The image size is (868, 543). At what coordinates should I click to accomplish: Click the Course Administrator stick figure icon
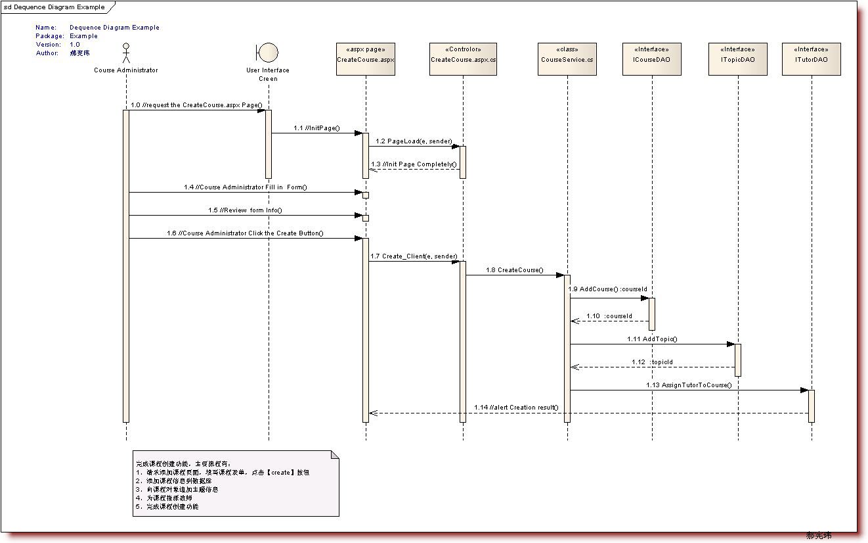125,53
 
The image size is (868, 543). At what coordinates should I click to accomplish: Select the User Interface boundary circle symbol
268,52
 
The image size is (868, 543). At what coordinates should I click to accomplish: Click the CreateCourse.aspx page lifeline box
366,59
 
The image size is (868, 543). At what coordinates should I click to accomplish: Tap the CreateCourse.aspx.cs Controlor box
463,59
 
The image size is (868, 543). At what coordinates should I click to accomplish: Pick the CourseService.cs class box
567,59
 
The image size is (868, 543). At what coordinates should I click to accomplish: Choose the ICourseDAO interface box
652,59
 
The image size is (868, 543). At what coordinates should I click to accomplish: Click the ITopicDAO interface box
738,59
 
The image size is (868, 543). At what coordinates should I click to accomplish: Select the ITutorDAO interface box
812,59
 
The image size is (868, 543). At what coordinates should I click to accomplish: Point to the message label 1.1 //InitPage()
316,128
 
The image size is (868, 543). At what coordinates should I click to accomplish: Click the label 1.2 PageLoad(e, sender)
414,141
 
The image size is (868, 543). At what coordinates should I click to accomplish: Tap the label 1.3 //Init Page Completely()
414,164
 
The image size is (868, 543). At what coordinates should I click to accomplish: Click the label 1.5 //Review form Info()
245,210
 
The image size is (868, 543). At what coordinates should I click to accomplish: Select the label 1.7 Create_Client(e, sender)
414,256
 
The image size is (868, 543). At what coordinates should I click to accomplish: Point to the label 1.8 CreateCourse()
515,270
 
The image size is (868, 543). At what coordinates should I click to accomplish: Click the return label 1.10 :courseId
609,316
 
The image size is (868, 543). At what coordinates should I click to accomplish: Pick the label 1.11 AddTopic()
652,339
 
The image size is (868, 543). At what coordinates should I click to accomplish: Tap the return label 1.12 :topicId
652,362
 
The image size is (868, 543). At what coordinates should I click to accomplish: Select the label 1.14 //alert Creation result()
517,408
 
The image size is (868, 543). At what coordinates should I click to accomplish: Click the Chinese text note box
236,483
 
